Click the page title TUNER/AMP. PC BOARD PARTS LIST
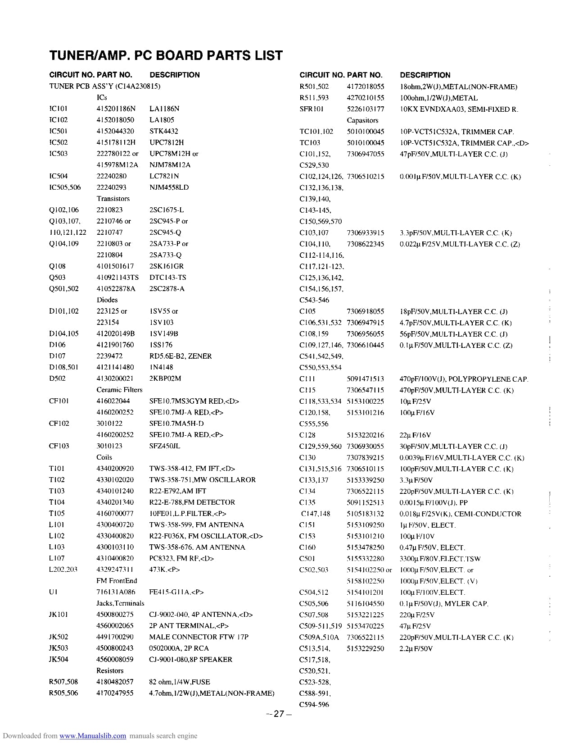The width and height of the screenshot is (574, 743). pyautogui.click(x=166, y=55)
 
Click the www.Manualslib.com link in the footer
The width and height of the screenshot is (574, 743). pyautogui.click(x=93, y=736)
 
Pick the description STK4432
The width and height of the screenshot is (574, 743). pyautogui.click(x=163, y=131)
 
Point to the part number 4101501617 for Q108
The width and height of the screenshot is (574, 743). pyautogui.click(x=115, y=266)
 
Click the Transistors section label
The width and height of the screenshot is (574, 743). pyautogui.click(x=113, y=199)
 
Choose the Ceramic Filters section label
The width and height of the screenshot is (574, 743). pyautogui.click(x=119, y=390)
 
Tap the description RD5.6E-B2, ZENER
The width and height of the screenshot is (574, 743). pyautogui.click(x=180, y=356)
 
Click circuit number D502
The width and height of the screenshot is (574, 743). pyautogui.click(x=57, y=378)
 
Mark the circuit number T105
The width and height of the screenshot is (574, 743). pyautogui.click(x=57, y=513)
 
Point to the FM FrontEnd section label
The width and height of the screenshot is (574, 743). pyautogui.click(x=117, y=581)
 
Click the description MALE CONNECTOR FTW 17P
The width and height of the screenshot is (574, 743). pyautogui.click(x=199, y=637)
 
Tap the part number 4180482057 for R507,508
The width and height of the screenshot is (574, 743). pyautogui.click(x=115, y=682)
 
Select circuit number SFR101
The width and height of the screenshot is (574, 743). pyautogui.click(x=312, y=109)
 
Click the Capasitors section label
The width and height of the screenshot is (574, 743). pyautogui.click(x=362, y=120)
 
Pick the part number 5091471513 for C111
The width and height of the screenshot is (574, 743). pyautogui.click(x=365, y=379)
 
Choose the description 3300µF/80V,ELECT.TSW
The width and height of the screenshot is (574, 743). pyautogui.click(x=440, y=559)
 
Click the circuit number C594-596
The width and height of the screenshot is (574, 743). pyautogui.click(x=314, y=704)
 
